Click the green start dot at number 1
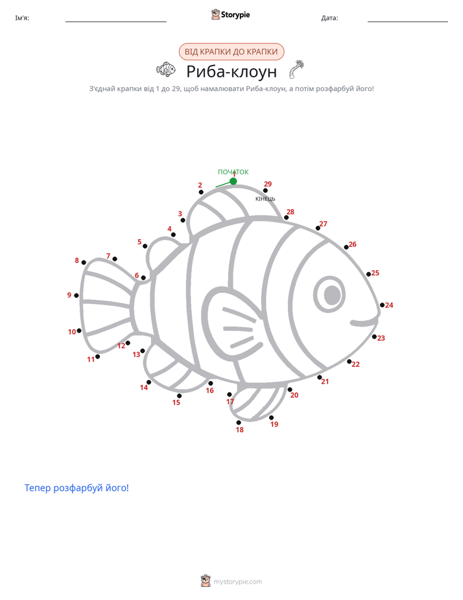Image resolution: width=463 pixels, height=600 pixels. tap(233, 181)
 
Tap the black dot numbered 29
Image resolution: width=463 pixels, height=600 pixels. tap(265, 190)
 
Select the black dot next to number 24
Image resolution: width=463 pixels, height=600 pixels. tap(382, 305)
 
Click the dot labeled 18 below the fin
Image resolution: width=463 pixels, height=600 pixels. tap(239, 423)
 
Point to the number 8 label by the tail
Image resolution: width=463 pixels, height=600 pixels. tap(77, 260)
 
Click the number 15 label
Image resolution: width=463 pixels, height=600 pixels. tap(176, 403)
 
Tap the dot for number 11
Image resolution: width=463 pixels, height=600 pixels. tap(97, 356)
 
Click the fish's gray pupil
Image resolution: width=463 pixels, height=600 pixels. tap(332, 295)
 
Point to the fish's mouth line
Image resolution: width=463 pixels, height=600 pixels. tap(365, 322)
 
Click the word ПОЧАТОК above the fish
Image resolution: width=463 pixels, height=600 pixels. tap(233, 172)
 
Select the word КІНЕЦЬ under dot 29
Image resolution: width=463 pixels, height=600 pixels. tap(265, 199)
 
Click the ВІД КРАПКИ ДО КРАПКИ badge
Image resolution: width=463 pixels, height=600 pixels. tap(231, 52)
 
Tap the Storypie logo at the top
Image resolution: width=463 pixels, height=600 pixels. tap(230, 14)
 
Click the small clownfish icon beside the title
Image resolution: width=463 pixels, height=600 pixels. tap(166, 69)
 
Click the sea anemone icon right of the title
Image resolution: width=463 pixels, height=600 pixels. tap(296, 69)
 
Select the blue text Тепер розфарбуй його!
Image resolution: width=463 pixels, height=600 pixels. tap(77, 488)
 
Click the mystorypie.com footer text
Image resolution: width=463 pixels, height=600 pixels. tap(237, 582)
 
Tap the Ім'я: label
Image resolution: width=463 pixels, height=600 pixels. tap(22, 18)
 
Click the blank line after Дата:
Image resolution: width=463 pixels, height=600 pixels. tap(408, 22)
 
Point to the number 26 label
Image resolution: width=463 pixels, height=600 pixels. tap(352, 244)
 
